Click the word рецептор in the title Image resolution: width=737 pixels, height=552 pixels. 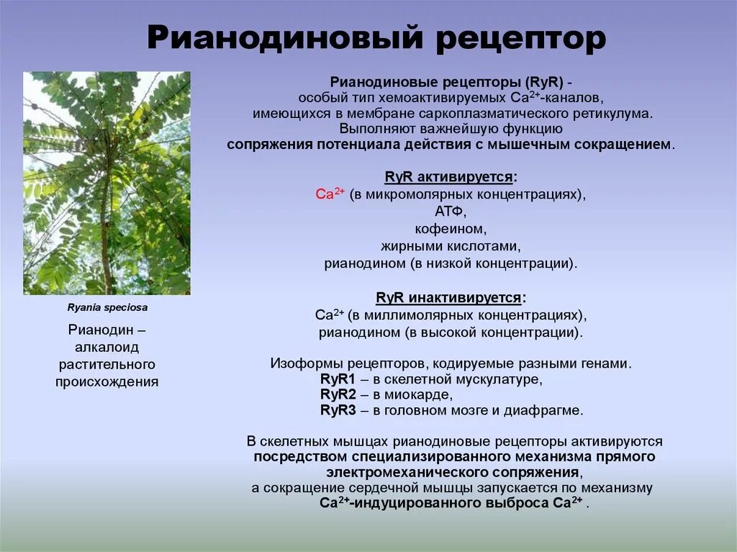(x=521, y=40)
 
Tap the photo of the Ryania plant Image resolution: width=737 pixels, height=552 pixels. (x=107, y=183)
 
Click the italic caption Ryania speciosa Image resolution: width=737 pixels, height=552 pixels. (x=107, y=307)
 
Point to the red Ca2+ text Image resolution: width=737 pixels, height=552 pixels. (x=330, y=195)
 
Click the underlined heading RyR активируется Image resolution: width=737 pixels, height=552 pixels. (x=451, y=177)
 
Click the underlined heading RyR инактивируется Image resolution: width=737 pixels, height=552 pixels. (x=451, y=297)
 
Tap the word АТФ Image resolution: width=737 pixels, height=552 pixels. (x=451, y=212)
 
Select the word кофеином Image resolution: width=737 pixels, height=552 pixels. (x=451, y=230)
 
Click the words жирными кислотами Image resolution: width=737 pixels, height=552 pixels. (x=451, y=246)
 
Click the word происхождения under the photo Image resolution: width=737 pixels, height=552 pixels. (x=107, y=381)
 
